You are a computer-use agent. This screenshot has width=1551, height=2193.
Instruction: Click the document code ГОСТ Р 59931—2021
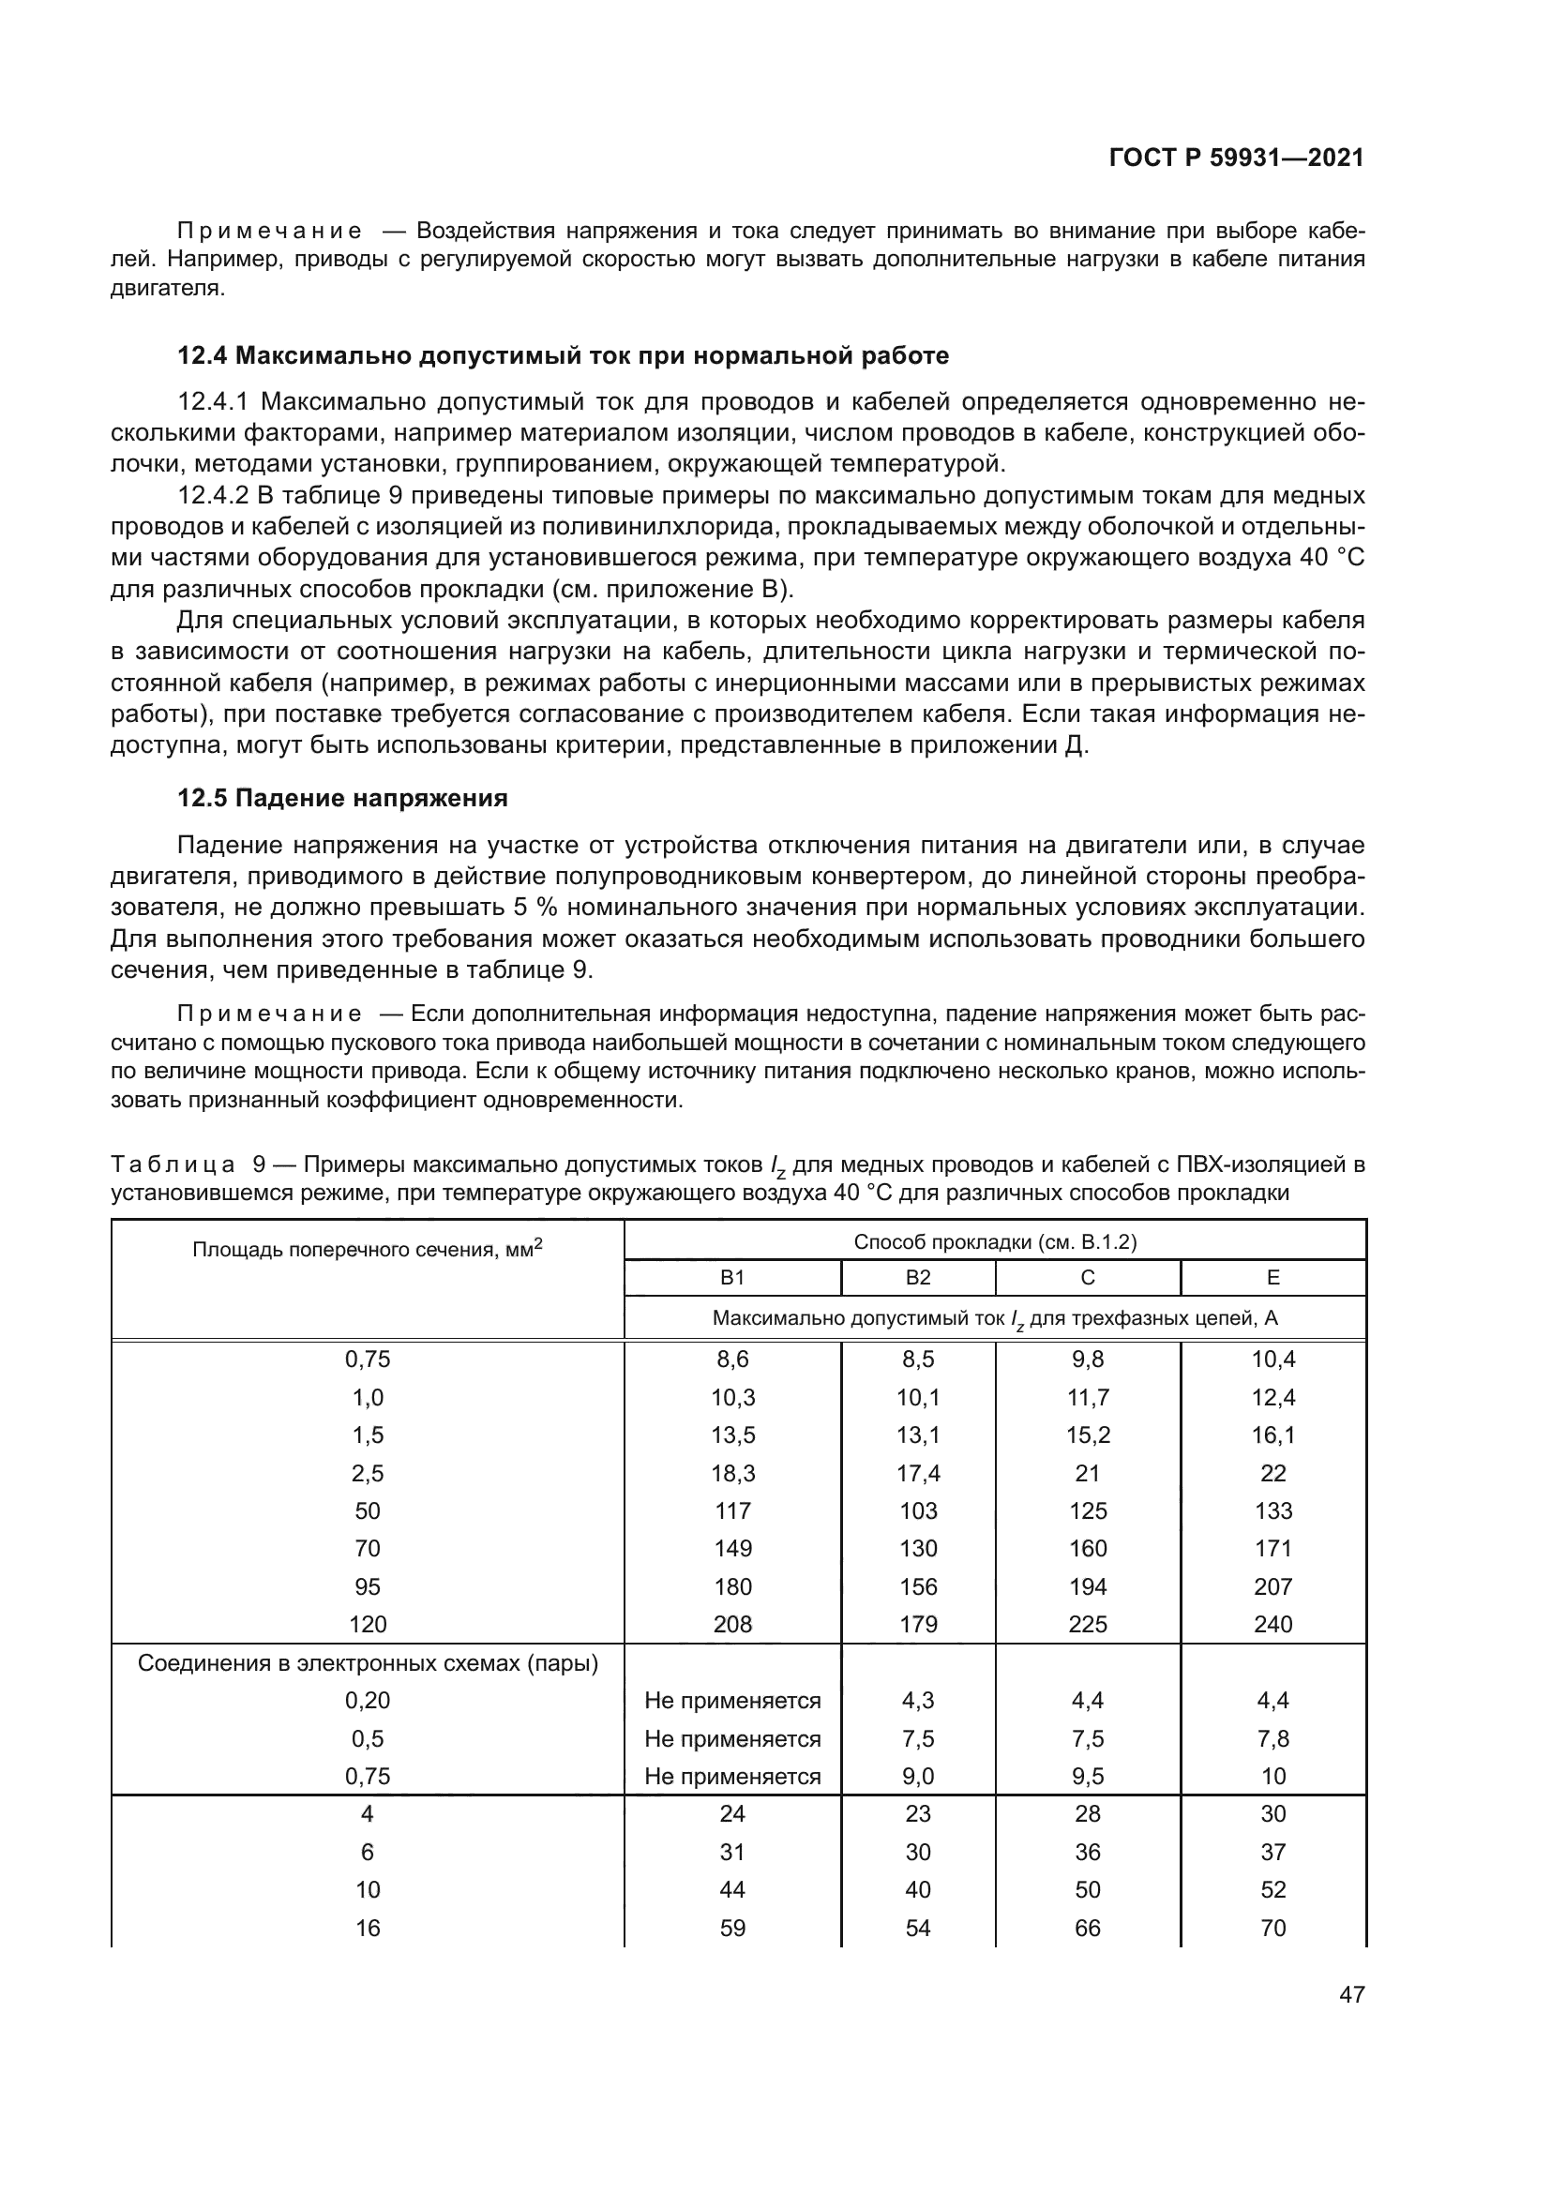tap(1236, 158)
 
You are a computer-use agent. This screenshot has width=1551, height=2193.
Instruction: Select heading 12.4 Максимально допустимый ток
tap(563, 356)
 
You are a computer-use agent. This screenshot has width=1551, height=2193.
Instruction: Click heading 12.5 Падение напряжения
tap(342, 799)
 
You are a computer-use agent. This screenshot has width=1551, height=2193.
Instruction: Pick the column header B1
tap(731, 1278)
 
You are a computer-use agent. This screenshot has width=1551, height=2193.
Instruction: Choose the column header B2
tap(918, 1278)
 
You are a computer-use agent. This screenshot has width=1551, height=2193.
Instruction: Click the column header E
tap(1272, 1278)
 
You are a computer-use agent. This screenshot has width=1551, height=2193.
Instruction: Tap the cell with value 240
tap(1272, 1625)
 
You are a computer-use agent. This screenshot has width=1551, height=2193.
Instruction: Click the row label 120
tap(367, 1625)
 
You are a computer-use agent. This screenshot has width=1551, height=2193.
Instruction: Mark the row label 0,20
tap(367, 1700)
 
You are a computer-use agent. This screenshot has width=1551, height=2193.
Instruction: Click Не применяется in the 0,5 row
tap(732, 1738)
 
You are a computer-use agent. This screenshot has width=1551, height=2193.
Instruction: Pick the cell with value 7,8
tap(1272, 1738)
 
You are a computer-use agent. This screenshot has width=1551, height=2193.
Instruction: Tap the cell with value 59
tap(732, 1928)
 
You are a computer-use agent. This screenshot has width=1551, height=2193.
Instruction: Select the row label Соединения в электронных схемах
tap(367, 1663)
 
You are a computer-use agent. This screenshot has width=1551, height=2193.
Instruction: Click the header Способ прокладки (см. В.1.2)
tap(994, 1241)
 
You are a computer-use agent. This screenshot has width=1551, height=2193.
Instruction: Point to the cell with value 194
tap(1087, 1586)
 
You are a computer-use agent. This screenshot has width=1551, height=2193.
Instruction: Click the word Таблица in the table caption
tap(173, 1165)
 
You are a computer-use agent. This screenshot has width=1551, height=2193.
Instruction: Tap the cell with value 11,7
tap(1087, 1398)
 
